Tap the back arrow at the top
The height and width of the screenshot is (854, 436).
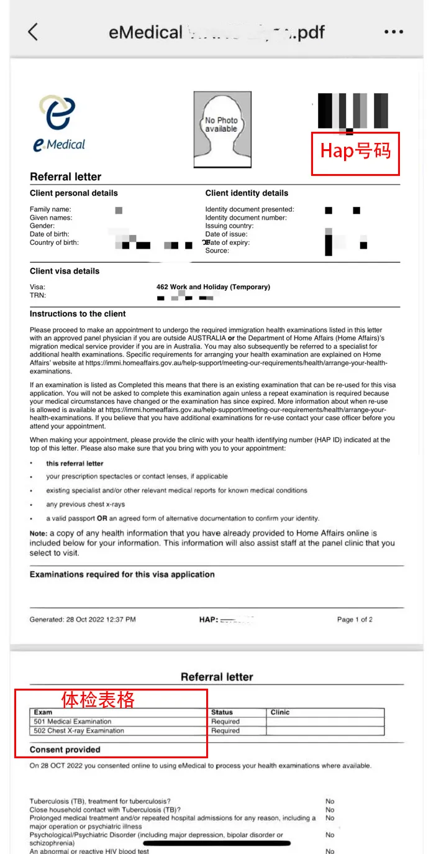33,32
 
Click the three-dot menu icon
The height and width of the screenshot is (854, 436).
394,32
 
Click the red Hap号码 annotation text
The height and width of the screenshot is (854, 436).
355,151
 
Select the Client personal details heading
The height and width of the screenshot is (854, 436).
73,193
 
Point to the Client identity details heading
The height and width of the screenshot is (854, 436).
247,193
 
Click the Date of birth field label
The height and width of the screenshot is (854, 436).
50,234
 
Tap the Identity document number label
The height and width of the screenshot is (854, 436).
246,218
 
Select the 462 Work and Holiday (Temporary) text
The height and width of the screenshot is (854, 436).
213,287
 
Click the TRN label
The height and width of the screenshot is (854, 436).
38,295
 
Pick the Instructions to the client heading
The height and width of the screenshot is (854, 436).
78,314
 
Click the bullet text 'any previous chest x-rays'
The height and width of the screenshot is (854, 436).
86,504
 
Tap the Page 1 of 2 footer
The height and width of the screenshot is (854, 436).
355,620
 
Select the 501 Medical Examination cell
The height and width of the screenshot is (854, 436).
73,722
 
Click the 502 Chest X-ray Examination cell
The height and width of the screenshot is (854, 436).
79,731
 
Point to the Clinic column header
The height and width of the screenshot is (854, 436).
280,712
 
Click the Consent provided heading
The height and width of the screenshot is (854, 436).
65,750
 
